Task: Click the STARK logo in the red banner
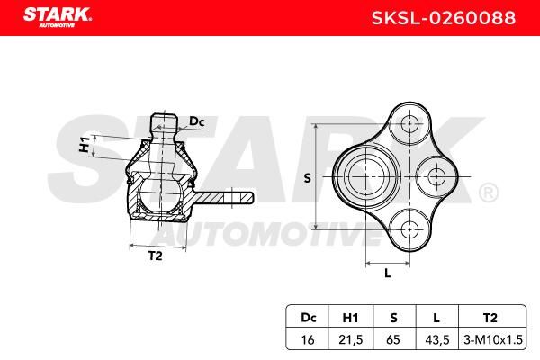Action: (58, 17)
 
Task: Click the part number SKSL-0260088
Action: (444, 18)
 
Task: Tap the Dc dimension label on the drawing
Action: (197, 121)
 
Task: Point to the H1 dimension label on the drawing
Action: (85, 145)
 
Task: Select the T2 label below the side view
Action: (156, 256)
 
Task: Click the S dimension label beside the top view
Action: (307, 178)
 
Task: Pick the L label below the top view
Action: (388, 274)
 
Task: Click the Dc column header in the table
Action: (308, 318)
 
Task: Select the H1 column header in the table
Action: (351, 318)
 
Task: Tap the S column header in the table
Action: (393, 318)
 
